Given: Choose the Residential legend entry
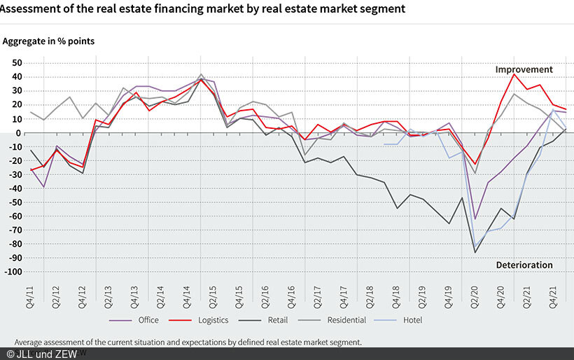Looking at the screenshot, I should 346,320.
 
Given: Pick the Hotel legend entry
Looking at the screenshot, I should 412,320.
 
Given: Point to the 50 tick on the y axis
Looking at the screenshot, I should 17,63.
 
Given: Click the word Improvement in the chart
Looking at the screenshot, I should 524,69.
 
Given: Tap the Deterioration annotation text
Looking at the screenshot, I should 524,265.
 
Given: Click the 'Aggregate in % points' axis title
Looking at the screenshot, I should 49,41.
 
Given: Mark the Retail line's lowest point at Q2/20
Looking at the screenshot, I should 475,252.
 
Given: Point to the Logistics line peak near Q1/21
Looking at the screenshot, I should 514,74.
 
